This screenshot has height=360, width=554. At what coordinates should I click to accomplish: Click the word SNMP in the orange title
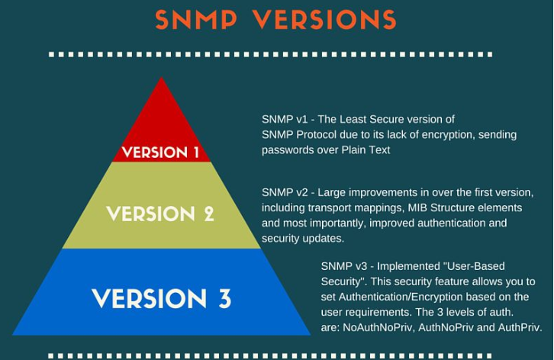196,19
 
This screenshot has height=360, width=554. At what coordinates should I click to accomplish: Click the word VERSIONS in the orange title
325,19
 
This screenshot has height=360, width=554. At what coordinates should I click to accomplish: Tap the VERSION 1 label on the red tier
160,153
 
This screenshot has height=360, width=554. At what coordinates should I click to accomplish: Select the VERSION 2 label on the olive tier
160,214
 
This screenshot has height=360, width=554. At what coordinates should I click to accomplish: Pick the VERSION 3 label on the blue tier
162,298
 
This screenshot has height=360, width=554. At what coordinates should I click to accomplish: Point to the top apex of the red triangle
162,77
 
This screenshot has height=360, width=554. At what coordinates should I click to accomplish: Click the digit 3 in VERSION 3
224,298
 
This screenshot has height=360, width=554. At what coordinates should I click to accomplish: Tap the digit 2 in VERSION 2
209,214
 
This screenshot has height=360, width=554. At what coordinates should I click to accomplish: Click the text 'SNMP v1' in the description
285,120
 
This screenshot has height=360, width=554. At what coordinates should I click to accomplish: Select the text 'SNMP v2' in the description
285,192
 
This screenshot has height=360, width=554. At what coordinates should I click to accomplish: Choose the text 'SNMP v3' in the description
344,266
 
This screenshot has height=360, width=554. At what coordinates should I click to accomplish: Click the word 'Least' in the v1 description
353,120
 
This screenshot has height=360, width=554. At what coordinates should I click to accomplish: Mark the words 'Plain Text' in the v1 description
366,150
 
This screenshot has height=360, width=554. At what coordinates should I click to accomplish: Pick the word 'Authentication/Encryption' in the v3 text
401,297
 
